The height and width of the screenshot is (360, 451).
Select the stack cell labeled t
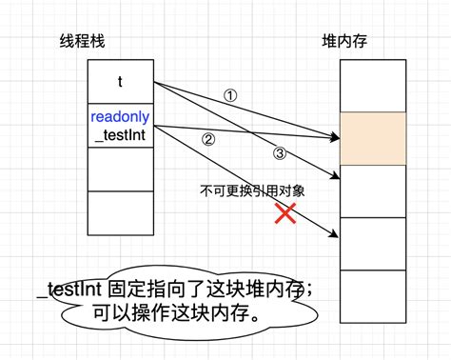pyautogui.click(x=120, y=82)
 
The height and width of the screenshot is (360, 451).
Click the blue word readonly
pyautogui.click(x=120, y=117)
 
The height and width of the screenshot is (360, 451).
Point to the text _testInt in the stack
pyautogui.click(x=120, y=135)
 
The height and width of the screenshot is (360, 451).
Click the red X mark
pyautogui.click(x=284, y=213)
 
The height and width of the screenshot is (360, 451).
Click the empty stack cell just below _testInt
pyautogui.click(x=120, y=170)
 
